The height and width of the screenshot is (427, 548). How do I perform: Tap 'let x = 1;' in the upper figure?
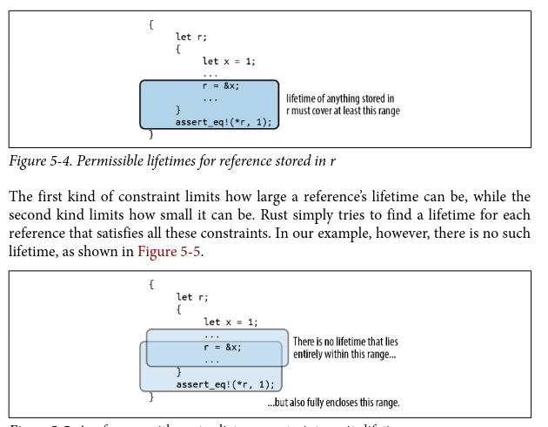tap(229, 61)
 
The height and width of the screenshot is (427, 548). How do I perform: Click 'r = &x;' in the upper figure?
tap(220, 85)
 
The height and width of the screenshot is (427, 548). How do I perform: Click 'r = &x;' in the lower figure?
tap(223, 347)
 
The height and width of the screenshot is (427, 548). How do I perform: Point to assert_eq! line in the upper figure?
tap(224, 122)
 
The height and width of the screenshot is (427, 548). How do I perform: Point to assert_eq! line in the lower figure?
tap(225, 383)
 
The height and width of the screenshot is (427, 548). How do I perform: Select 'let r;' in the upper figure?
tap(191, 37)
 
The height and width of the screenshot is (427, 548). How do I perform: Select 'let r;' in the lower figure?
tap(192, 297)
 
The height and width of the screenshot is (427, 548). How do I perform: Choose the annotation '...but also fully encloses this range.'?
tap(333, 403)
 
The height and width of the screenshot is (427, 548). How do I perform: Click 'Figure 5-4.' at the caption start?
tap(41, 161)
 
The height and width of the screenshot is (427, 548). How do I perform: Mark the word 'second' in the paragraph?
tap(32, 213)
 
